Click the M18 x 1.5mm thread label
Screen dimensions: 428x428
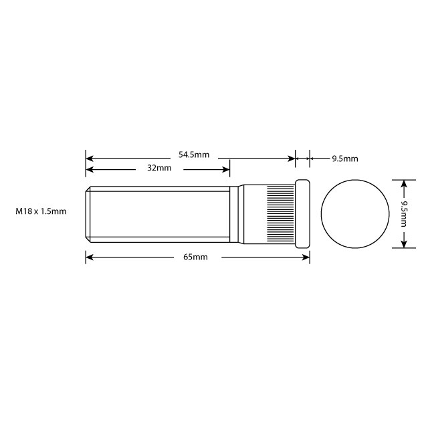coord(41,211)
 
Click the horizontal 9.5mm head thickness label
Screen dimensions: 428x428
coord(345,158)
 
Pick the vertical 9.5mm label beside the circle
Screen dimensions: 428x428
coord(404,212)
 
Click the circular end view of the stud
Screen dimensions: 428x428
coord(355,213)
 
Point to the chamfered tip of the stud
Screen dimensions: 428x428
coord(88,214)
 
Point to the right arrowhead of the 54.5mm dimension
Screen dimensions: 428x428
coord(292,158)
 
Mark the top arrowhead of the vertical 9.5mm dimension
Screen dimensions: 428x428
coord(404,182)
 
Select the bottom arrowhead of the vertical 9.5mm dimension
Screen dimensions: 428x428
coord(404,245)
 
